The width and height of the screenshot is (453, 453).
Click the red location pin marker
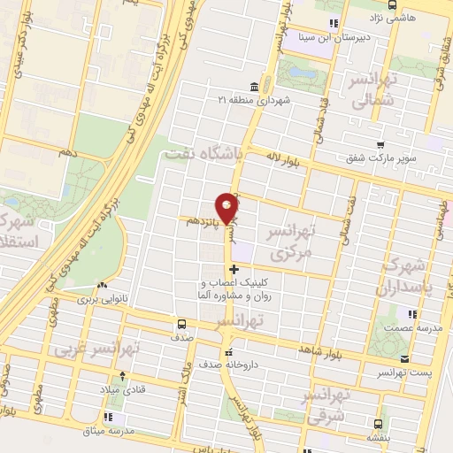point(228,208)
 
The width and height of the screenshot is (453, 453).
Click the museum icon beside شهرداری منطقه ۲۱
point(255,86)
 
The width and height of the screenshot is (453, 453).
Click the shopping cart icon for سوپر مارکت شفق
point(380,144)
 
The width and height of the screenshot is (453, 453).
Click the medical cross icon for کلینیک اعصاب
point(234,270)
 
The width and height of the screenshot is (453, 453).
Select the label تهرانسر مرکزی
point(290,241)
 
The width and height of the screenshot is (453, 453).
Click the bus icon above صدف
point(180,324)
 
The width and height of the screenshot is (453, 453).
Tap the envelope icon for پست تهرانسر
point(405,359)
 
